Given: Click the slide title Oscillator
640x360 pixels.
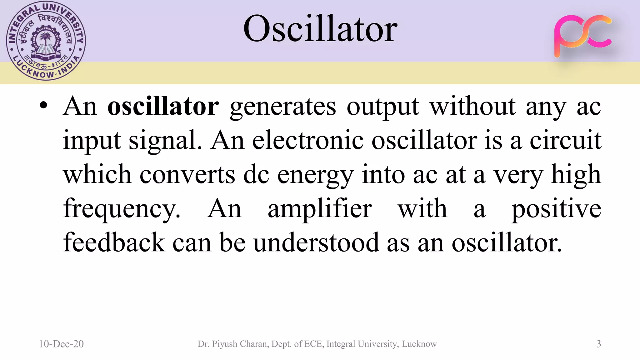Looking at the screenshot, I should [320, 29].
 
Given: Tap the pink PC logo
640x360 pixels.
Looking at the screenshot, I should [582, 35].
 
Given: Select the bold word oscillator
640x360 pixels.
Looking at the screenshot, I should [163, 107].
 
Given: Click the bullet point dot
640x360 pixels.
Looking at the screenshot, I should [44, 106].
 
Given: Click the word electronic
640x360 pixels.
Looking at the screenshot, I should [308, 140].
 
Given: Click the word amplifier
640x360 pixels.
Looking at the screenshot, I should [319, 209].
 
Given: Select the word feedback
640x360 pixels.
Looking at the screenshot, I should [114, 242].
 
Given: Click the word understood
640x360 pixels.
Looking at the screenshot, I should [316, 242].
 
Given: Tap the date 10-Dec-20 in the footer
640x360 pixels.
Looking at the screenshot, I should [61, 344].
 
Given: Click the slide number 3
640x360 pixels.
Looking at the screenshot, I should [598, 344].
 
